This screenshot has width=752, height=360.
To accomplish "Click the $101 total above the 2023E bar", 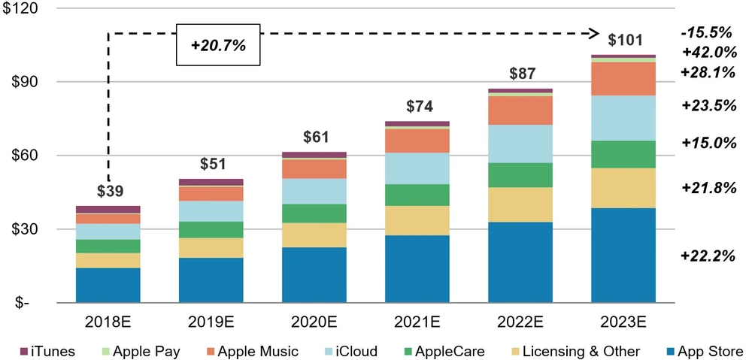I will (623, 40).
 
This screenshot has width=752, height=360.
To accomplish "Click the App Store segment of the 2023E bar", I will (623, 256).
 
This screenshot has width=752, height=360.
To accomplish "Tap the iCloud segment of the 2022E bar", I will (521, 144).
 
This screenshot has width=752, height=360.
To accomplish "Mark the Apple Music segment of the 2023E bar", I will (623, 79).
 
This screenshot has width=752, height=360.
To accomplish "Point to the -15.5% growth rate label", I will (707, 32).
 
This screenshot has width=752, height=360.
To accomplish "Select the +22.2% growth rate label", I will (707, 256).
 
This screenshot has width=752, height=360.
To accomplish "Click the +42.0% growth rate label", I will (707, 52).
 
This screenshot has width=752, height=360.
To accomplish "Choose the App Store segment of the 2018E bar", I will (114, 286).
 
